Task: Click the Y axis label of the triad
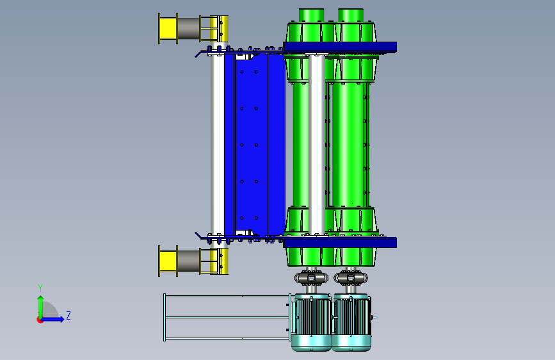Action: pyautogui.click(x=40, y=288)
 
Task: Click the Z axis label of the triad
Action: pyautogui.click(x=68, y=315)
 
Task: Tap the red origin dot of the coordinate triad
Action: pyautogui.click(x=40, y=320)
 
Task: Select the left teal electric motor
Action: pyautogui.click(x=311, y=322)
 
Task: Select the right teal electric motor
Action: pyautogui.click(x=351, y=322)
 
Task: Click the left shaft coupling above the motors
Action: pyautogui.click(x=311, y=278)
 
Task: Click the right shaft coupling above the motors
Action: pyautogui.click(x=351, y=278)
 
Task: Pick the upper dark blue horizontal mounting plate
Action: pyautogui.click(x=340, y=47)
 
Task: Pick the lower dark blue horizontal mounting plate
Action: pyautogui.click(x=340, y=242)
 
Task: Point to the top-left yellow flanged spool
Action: pyautogui.click(x=168, y=28)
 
